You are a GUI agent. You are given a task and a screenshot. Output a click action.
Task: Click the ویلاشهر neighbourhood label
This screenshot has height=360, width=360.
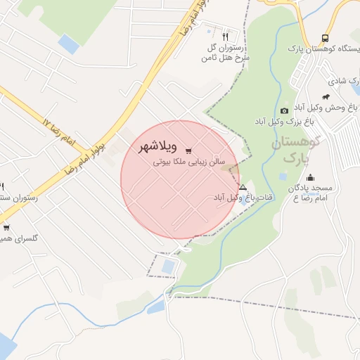150,148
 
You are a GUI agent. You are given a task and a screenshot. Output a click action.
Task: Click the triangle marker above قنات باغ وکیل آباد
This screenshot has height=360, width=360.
243,187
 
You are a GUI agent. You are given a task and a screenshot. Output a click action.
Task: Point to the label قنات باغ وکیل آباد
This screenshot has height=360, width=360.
243,198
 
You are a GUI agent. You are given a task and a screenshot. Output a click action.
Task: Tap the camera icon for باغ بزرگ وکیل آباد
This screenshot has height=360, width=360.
284,110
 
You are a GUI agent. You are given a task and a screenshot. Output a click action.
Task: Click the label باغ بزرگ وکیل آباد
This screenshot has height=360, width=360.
284,122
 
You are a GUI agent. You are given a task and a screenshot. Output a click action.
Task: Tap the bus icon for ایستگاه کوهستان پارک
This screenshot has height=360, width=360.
325,39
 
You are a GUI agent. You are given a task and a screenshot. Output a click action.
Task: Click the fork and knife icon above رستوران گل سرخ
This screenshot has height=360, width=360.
225,35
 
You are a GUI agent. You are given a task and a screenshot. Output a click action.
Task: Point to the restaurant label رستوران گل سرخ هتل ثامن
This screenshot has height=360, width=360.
228,52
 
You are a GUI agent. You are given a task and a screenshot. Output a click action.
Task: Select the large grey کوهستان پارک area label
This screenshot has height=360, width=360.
295,148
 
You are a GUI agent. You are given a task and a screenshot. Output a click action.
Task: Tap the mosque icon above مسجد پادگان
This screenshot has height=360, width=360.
310,177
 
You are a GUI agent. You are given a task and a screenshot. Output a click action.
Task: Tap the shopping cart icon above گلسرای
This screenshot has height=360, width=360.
6,227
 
